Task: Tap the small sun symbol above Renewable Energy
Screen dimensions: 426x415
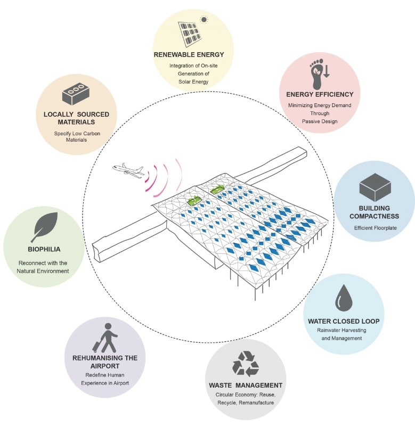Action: [203, 20]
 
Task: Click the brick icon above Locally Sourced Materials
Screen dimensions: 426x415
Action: [76, 94]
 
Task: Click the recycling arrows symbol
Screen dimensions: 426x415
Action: [245, 366]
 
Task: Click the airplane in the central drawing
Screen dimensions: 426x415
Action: [128, 170]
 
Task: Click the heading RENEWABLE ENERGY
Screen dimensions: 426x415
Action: [193, 54]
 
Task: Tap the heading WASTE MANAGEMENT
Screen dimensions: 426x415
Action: [245, 385]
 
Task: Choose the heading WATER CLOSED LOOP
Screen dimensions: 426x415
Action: [343, 321]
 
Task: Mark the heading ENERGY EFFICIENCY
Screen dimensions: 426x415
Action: [316, 95]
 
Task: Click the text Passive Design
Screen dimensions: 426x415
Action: [316, 121]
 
